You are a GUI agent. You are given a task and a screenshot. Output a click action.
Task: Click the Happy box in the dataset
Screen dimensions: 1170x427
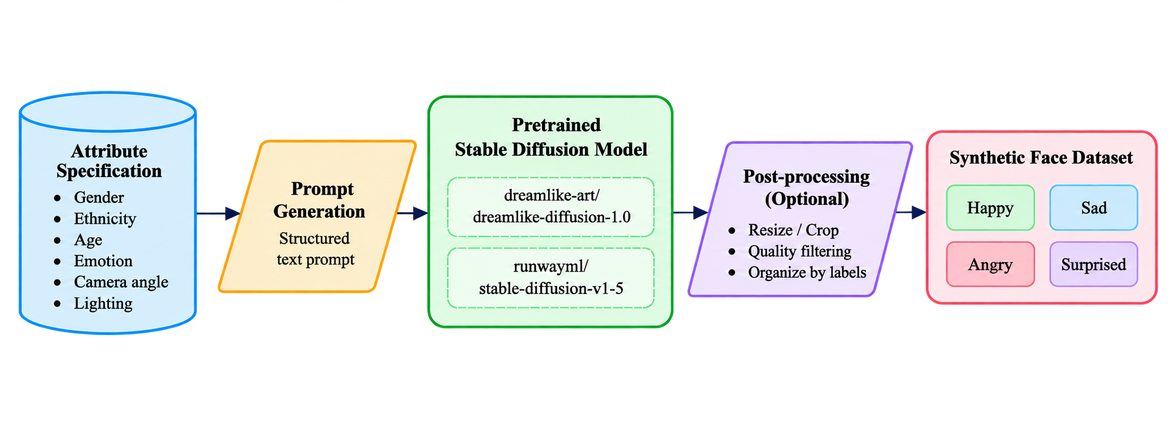[990, 208]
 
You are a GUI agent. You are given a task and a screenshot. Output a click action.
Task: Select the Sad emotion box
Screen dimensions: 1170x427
[1093, 208]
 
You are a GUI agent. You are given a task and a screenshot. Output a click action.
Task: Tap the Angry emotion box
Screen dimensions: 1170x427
[990, 264]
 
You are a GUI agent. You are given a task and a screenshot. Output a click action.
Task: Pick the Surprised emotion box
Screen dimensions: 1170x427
[1093, 264]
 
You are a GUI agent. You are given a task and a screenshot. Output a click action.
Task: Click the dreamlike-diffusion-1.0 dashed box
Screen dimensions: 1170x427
[550, 207]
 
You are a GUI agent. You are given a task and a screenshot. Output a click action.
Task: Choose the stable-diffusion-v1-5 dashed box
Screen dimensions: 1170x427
[550, 278]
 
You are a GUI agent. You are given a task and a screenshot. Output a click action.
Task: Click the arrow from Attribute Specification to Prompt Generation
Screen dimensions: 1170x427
[219, 213]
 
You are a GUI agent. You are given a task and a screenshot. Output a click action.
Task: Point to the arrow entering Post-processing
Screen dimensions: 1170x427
[691, 212]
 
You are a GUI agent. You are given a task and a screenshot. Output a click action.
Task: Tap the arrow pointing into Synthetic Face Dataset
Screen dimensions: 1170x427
[911, 212]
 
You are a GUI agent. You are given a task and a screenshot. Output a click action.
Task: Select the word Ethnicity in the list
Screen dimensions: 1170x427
[105, 219]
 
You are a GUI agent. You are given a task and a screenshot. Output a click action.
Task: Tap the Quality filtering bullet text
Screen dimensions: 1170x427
[800, 251]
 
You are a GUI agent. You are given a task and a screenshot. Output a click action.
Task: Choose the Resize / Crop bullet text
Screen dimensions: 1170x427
[793, 230]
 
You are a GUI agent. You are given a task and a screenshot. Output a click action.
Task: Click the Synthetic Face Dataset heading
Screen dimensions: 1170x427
[1041, 158]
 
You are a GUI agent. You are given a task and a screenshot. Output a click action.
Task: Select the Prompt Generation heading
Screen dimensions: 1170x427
[320, 200]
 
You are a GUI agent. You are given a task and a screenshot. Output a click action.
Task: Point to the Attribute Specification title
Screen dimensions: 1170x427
[109, 161]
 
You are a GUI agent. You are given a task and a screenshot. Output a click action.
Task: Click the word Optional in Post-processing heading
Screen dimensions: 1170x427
[807, 199]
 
